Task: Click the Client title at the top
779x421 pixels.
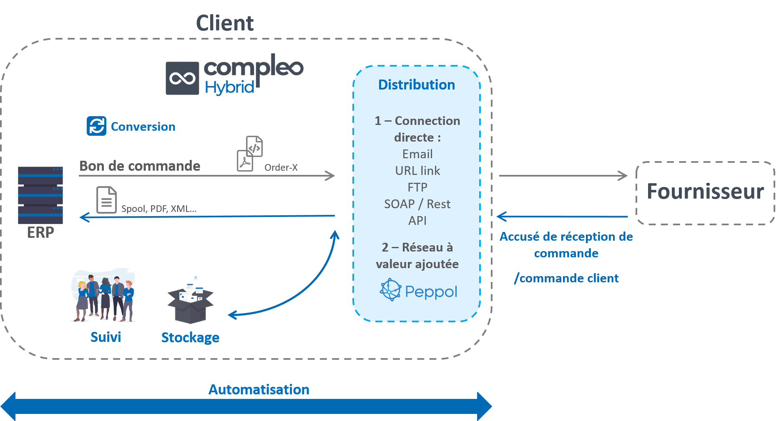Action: pyautogui.click(x=225, y=23)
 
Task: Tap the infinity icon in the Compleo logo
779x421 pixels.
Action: pyautogui.click(x=182, y=78)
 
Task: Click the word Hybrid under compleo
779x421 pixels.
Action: pyautogui.click(x=229, y=87)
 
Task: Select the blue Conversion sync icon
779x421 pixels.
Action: pyautogui.click(x=96, y=126)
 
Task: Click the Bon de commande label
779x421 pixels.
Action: pyautogui.click(x=140, y=166)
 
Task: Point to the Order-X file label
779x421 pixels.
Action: pyautogui.click(x=281, y=167)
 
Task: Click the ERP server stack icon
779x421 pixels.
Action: pyautogui.click(x=40, y=195)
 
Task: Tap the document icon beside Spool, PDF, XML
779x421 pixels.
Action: pyautogui.click(x=106, y=200)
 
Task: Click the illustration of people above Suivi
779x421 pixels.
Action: pyautogui.click(x=103, y=296)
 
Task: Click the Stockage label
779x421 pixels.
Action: pyautogui.click(x=190, y=337)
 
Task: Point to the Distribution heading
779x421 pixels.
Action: pyautogui.click(x=416, y=85)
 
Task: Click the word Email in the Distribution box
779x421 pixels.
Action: pyautogui.click(x=417, y=154)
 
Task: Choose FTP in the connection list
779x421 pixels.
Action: pyautogui.click(x=417, y=187)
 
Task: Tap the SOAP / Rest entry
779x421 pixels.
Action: pyautogui.click(x=417, y=204)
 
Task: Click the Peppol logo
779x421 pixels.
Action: pyautogui.click(x=418, y=291)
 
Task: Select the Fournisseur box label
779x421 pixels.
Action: pyautogui.click(x=705, y=192)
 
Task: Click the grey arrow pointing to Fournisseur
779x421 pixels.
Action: pyautogui.click(x=563, y=176)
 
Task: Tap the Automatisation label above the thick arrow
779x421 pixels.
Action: pyautogui.click(x=259, y=389)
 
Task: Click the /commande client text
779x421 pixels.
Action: pyautogui.click(x=566, y=278)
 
